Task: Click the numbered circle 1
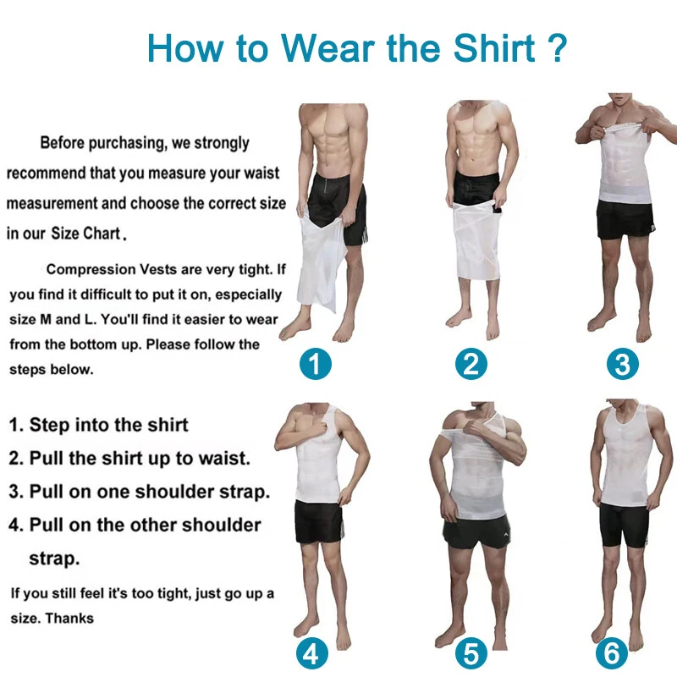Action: point(316,364)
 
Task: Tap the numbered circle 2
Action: point(471,364)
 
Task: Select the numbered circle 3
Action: point(622,364)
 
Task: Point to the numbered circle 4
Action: point(311,653)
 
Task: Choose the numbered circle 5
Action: point(471,653)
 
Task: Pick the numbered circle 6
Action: point(611,653)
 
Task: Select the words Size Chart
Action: point(86,234)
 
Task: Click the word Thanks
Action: point(69,619)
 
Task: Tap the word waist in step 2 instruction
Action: point(224,459)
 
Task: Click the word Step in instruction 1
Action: point(48,426)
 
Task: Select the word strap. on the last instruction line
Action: point(54,559)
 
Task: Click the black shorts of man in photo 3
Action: point(626,219)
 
